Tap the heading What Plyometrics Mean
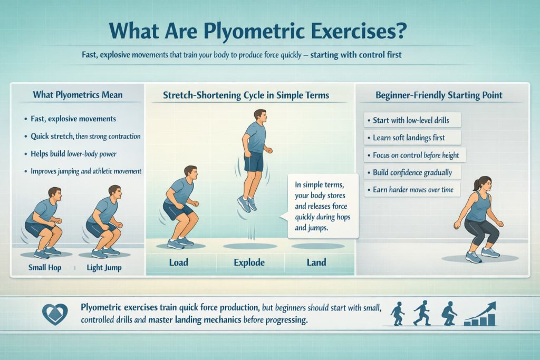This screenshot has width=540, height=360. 78,95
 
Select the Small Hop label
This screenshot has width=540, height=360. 44,268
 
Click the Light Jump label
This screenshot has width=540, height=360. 104,268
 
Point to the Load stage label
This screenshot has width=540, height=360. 178,262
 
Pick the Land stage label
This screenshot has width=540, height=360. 316,262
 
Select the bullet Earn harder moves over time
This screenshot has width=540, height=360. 413,190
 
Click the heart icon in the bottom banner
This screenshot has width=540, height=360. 55,314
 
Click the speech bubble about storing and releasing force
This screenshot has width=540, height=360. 322,206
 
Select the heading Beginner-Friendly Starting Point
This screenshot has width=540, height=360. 438,95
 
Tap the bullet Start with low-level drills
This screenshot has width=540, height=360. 411,120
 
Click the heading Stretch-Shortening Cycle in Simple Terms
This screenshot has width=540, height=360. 246,95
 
